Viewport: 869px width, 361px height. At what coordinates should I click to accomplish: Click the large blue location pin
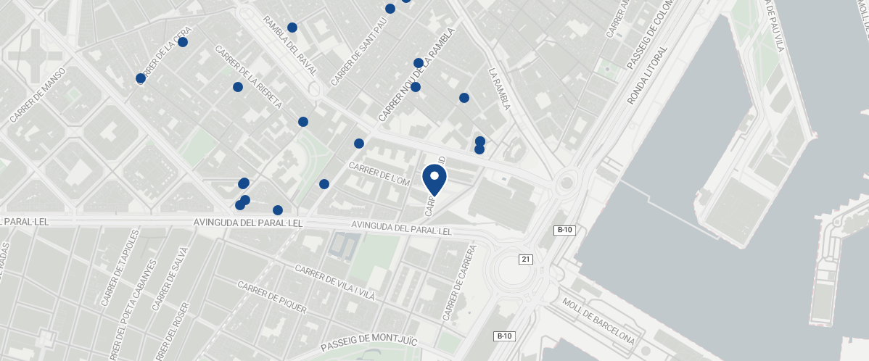point(434,179)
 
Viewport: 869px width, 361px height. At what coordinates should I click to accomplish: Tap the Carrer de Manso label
point(38,95)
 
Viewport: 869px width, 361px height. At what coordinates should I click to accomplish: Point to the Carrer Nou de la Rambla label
point(416,75)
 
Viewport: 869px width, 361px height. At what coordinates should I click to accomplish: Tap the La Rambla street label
point(500,89)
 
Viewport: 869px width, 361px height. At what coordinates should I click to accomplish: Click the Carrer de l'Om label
point(379,174)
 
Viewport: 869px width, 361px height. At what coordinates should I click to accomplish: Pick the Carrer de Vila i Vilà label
point(334,283)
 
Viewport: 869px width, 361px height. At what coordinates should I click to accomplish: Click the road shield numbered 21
point(526,260)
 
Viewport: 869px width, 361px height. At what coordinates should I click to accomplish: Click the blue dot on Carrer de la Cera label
point(183,42)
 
